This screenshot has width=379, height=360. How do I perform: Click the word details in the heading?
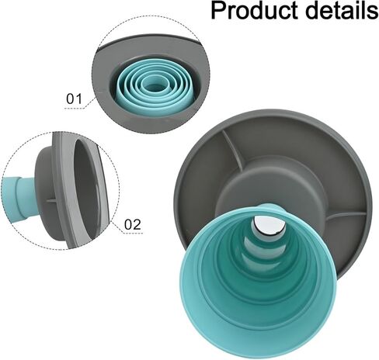point(336,12)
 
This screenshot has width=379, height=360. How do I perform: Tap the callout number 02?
point(133,225)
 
